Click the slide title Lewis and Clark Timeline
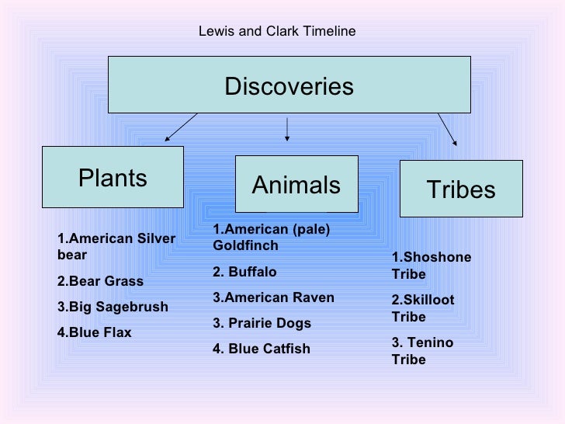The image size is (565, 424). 277,32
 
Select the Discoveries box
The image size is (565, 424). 289,85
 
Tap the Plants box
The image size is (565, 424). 113,178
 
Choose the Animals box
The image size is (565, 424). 296,185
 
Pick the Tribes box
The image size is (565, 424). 460,189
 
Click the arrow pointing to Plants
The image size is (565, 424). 180,127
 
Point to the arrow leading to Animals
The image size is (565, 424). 288,128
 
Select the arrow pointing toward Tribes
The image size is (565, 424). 448,129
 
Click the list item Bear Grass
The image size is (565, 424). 100,280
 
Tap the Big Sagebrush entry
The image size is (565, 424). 113,307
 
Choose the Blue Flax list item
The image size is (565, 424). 95,332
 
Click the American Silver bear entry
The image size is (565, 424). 116,246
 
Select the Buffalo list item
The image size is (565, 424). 244,272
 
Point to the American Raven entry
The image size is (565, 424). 273,297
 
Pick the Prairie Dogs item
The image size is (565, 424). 262,323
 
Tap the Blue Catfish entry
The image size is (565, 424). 261,349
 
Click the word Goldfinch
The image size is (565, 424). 245,245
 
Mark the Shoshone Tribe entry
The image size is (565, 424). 431,266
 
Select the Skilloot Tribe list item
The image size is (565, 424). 423,308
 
